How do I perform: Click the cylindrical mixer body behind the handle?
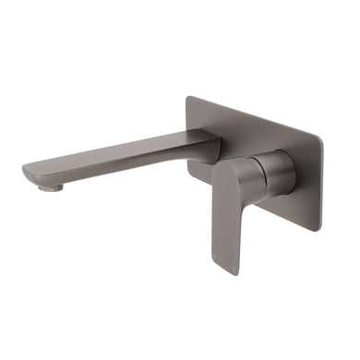(275, 174)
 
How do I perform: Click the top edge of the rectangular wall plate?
(254, 116)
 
